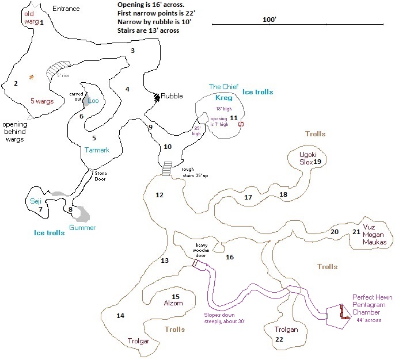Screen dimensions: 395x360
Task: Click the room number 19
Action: pyautogui.click(x=317, y=162)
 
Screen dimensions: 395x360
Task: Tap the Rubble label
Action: pyautogui.click(x=172, y=96)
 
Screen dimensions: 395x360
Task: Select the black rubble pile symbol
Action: pyautogui.click(x=157, y=98)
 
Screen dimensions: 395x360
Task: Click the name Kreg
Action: pyautogui.click(x=223, y=98)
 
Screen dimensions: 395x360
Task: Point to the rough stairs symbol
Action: pyautogui.click(x=167, y=169)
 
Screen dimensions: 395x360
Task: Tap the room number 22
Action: pyautogui.click(x=279, y=340)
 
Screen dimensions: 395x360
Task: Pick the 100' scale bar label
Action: pyautogui.click(x=269, y=19)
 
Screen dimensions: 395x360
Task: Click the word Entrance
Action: pyautogui.click(x=66, y=9)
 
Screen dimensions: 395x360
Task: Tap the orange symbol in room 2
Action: pyautogui.click(x=32, y=77)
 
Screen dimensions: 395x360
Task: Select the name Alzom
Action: pyautogui.click(x=173, y=304)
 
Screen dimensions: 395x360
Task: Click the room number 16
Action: pyautogui.click(x=230, y=257)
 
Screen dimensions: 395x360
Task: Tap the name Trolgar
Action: pyautogui.click(x=138, y=341)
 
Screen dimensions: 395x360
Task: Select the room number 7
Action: pyautogui.click(x=40, y=209)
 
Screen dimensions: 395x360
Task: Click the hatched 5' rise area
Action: pyautogui.click(x=59, y=71)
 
